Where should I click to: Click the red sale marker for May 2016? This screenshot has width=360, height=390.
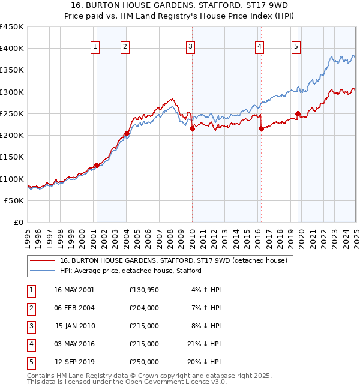pos(261,128)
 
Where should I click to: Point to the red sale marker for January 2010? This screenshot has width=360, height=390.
pos(192,128)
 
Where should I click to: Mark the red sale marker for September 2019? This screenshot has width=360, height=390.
pos(298,113)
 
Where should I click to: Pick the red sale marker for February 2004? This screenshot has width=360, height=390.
pos(127,133)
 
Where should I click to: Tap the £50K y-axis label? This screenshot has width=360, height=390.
pos(14,200)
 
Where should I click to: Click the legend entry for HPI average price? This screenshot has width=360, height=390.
pos(131,271)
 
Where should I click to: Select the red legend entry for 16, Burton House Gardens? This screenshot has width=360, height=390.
pos(174,260)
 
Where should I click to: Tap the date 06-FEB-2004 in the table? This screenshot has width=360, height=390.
pos(74,308)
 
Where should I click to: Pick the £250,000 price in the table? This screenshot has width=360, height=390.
pos(144,362)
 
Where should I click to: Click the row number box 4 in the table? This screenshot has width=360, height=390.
pos(31,344)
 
